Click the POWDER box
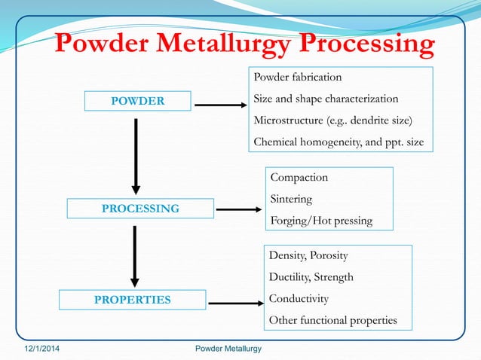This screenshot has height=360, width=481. tap(137, 101)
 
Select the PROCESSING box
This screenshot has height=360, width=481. tap(140, 208)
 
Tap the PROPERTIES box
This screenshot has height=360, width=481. tap(132, 300)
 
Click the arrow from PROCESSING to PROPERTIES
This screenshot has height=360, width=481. tap(136, 256)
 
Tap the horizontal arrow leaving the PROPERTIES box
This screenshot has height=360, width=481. tap(234, 303)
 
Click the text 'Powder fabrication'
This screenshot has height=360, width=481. tap(297, 78)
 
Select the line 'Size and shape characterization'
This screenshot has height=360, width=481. tap(326, 99)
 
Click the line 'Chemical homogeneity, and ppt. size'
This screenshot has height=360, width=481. tap(338, 142)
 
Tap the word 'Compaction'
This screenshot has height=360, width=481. tap(299, 178)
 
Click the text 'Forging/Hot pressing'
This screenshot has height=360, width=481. tap(320, 221)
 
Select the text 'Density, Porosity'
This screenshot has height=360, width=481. tap(308, 255)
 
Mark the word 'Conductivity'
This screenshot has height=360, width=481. tap(299, 298)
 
